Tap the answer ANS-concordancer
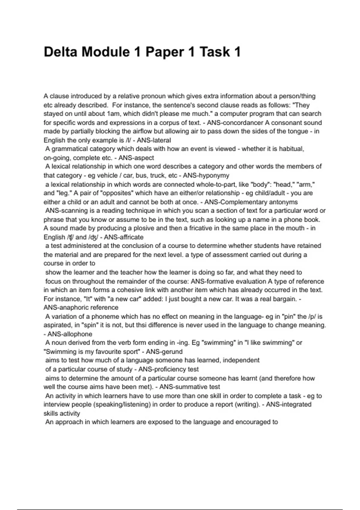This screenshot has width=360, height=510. pos(234,123)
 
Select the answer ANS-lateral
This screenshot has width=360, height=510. pos(154,140)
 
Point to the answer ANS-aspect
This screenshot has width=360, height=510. pos(136,158)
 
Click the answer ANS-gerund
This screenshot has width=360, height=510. pos(164,352)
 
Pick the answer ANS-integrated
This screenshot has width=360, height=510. pos(289,404)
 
